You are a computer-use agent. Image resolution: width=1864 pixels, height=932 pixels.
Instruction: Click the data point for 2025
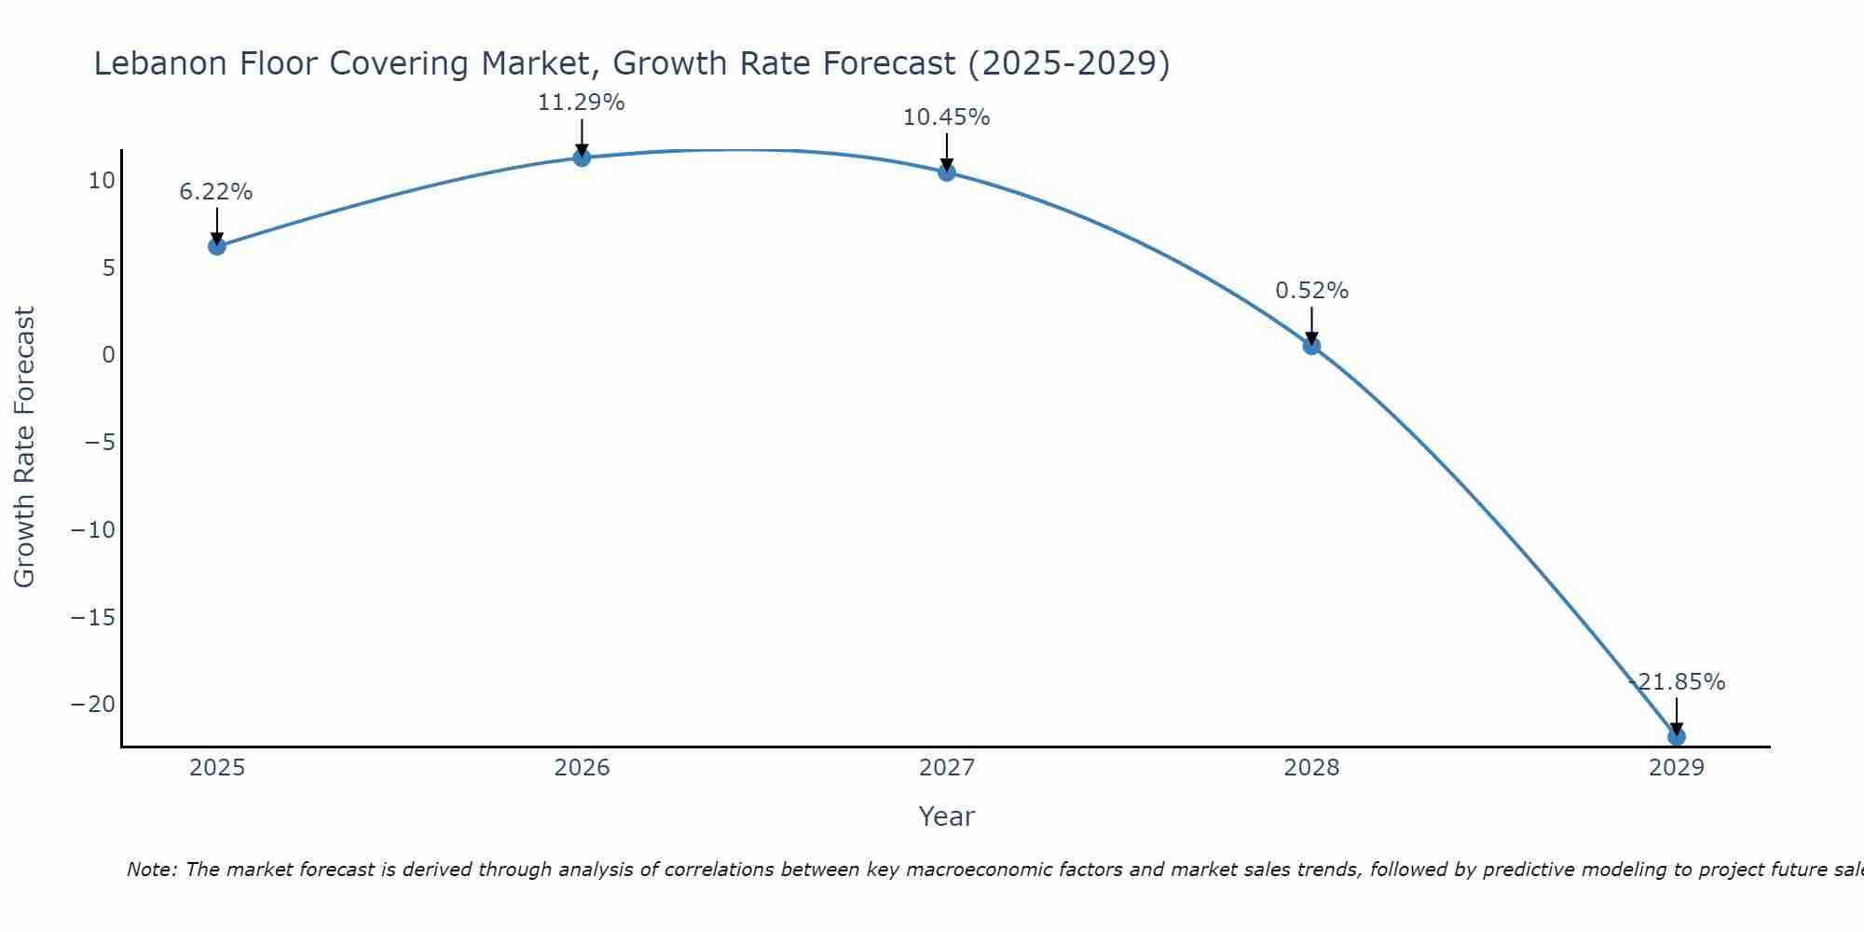pos(217,246)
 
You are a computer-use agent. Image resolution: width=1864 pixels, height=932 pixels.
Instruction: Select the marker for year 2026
pos(582,158)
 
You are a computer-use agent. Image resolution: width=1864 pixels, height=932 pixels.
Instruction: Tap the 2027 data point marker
pos(947,172)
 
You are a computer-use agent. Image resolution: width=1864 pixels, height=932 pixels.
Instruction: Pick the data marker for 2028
pos(1311,346)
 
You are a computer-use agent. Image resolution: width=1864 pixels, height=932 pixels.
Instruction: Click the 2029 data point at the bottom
pos(1676,736)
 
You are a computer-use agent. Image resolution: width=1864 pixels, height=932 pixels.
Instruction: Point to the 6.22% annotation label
pos(216,192)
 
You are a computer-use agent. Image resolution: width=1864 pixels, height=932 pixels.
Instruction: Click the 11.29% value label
pos(581,103)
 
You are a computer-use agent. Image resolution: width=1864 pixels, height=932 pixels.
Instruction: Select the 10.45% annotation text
pos(946,117)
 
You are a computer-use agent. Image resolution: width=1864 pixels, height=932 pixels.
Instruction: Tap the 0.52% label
pos(1311,291)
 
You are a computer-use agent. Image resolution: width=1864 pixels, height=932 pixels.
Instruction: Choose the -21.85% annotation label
pos(1677,682)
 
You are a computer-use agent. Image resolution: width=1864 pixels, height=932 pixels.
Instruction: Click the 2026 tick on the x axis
pos(582,768)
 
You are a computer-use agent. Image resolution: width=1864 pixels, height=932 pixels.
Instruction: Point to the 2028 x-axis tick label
pos(1311,768)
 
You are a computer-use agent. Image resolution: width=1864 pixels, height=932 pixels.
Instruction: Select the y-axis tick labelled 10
pos(102,181)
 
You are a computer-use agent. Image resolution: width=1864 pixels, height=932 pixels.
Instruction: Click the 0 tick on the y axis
pos(109,355)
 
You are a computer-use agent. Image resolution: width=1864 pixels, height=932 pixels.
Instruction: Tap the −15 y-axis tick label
pos(93,617)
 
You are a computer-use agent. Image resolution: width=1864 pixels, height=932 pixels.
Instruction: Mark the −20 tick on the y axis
pos(93,705)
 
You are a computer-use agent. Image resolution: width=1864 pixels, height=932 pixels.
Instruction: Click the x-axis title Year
pos(946,816)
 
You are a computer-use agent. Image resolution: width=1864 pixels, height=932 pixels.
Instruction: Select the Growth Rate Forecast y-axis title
pos(24,446)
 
